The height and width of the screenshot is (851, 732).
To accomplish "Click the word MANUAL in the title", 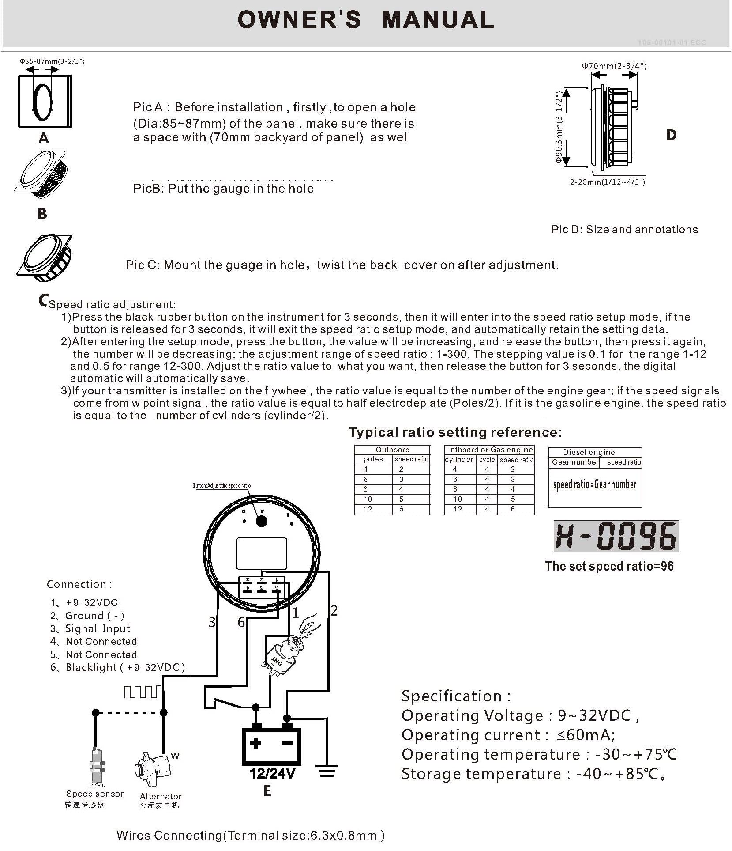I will [438, 20].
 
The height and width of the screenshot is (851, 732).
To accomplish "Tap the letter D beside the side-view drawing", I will [671, 135].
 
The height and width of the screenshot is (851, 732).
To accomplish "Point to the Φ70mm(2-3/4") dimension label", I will [614, 66].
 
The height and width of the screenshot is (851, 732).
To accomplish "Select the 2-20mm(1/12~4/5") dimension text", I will [607, 182].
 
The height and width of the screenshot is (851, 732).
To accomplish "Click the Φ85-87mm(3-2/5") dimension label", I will [52, 61].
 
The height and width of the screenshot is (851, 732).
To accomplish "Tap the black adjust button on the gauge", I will [262, 521].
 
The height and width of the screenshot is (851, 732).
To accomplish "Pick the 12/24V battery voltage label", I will [272, 774].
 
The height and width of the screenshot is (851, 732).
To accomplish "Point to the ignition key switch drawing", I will [282, 653].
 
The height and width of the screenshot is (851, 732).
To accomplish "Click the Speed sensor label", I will [95, 794].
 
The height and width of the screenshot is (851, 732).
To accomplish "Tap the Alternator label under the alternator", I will [161, 796].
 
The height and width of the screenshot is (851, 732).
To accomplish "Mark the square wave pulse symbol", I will [141, 692].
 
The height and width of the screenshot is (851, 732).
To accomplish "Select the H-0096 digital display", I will [616, 536].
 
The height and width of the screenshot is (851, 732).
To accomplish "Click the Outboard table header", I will [392, 450].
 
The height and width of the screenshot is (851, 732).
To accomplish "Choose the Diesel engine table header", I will [589, 452].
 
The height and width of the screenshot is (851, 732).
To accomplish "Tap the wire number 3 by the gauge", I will [212, 622].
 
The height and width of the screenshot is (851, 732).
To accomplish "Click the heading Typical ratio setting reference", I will [455, 432].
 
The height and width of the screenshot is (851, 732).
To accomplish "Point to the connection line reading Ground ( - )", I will [94, 616].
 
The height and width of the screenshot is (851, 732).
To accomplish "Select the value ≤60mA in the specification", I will [586, 735].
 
